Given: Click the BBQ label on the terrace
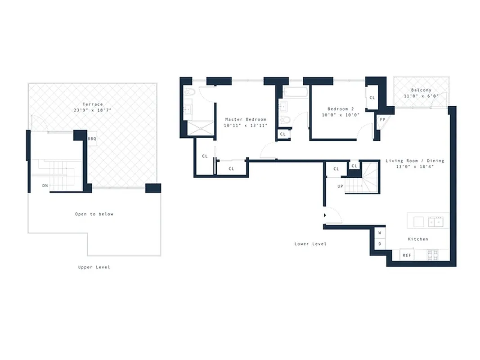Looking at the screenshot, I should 92,139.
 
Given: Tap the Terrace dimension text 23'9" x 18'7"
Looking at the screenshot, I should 93,110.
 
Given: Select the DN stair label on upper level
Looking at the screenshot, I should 45,185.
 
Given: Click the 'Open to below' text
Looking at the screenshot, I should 94,214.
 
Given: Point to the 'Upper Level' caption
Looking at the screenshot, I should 94,267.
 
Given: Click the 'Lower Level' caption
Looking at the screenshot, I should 310,244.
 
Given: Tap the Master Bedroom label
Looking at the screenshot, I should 246,120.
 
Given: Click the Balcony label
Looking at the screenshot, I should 421,90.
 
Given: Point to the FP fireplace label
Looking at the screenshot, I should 382,120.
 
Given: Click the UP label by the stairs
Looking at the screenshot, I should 341,186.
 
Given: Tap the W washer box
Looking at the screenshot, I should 380,233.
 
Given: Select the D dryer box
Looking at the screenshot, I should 380,244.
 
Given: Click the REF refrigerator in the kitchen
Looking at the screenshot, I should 407,255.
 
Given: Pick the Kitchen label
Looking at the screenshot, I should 418,239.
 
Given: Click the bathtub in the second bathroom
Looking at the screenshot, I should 296,93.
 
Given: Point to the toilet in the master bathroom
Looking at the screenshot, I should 189,92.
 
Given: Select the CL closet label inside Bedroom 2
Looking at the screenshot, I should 372,98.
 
